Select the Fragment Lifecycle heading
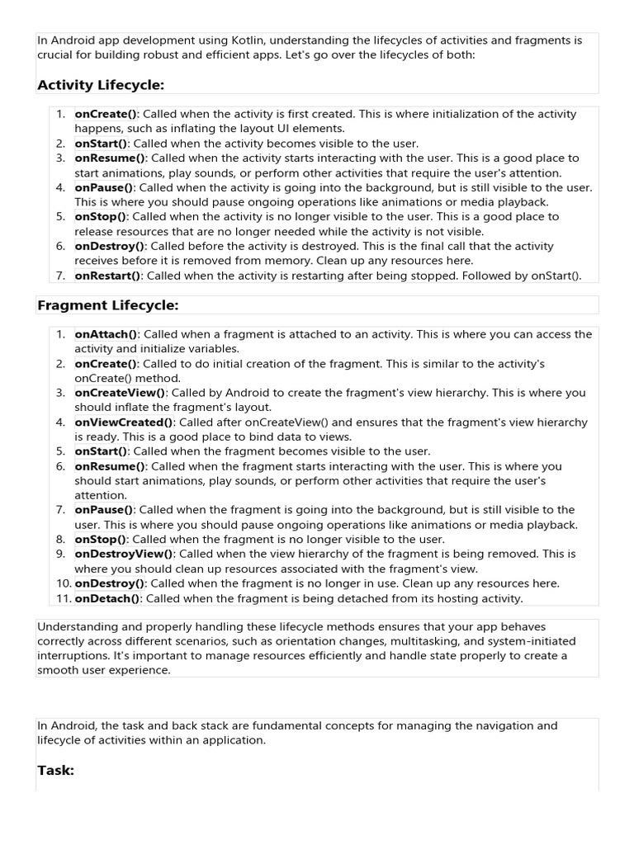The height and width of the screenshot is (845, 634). (107, 305)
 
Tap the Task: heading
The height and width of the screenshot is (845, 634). (56, 770)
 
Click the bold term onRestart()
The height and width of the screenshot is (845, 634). (108, 276)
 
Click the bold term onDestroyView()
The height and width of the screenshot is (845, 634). (124, 554)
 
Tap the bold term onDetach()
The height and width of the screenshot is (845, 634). (108, 598)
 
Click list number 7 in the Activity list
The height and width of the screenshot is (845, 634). (61, 276)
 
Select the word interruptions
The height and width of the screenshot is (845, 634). (72, 656)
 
